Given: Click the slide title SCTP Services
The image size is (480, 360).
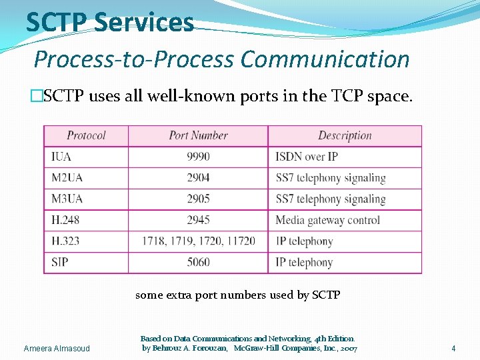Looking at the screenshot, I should pos(110,22).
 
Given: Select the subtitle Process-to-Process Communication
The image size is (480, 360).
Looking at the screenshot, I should pos(221,59).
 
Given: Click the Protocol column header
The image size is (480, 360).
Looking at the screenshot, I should pos(86,135).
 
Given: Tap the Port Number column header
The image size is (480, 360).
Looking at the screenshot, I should pos(198,135).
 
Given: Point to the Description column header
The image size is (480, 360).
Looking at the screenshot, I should pos(345,135).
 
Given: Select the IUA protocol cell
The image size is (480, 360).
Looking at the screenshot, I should pos(61,157).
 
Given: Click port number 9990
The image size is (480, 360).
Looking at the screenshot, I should pos(198,157).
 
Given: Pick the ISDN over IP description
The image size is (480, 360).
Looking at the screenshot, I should pos(306,157).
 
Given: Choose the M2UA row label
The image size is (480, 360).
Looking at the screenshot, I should pos(67,178).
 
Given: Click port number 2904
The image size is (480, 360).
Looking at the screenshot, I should pos(198,178).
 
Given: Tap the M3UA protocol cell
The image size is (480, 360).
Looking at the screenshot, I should pos(67,199).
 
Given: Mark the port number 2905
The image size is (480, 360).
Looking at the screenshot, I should pos(198,199).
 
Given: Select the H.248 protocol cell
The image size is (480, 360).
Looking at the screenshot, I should pos(65,220).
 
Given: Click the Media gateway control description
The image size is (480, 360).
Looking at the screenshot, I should pos(327,220).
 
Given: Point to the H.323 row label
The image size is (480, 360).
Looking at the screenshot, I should pos(65,241).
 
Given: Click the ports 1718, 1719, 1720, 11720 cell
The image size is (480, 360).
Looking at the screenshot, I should pos(198,241).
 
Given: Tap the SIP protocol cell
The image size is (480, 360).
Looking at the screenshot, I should pos(60,262).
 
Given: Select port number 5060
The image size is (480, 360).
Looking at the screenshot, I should pos(198,262).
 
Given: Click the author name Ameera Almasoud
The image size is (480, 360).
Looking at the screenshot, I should pos(57,349).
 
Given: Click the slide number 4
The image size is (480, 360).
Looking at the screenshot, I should pos(453,348).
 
